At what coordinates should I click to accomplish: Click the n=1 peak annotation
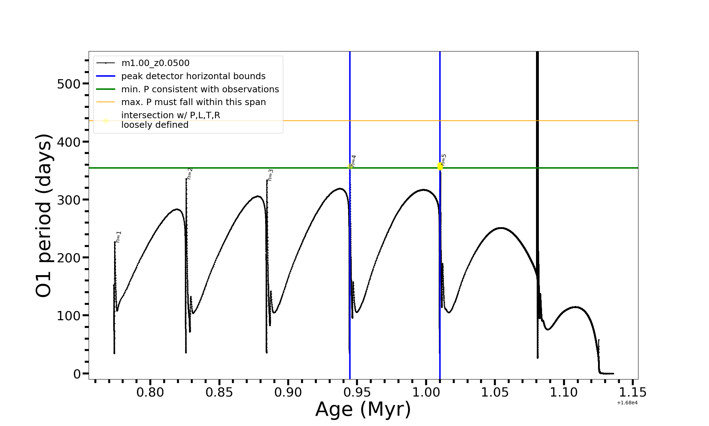pyautogui.click(x=119, y=237)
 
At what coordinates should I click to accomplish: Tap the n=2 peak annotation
pyautogui.click(x=190, y=174)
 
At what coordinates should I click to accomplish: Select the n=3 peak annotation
pyautogui.click(x=270, y=175)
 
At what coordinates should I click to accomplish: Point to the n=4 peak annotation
pyautogui.click(x=353, y=161)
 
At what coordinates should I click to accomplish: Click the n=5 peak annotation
pyautogui.click(x=443, y=160)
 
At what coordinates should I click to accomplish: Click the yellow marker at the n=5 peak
pyautogui.click(x=440, y=166)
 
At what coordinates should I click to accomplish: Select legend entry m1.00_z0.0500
pyautogui.click(x=155, y=63)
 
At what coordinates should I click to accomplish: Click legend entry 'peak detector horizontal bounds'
pyautogui.click(x=193, y=76)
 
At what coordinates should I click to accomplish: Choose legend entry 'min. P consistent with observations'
pyautogui.click(x=200, y=89)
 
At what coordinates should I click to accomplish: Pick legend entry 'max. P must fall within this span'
pyautogui.click(x=193, y=102)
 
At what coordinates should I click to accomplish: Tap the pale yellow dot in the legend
pyautogui.click(x=106, y=121)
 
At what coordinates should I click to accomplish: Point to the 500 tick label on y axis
pyautogui.click(x=69, y=84)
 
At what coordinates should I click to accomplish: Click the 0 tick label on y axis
pyautogui.click(x=77, y=374)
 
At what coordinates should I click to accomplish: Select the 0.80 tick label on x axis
pyautogui.click(x=150, y=393)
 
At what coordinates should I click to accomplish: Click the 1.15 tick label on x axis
pyautogui.click(x=633, y=393)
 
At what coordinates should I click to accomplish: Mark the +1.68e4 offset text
pyautogui.click(x=627, y=403)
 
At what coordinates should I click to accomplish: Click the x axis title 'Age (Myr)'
pyautogui.click(x=363, y=409)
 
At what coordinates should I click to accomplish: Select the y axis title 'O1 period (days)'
pyautogui.click(x=44, y=215)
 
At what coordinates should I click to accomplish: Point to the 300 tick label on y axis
pyautogui.click(x=69, y=200)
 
